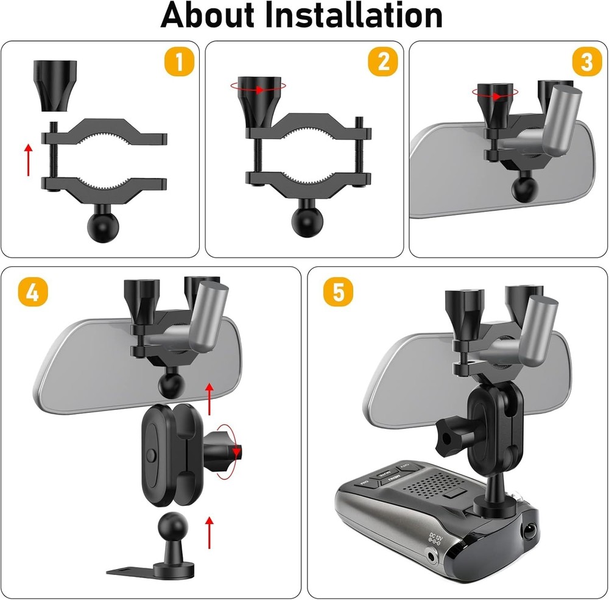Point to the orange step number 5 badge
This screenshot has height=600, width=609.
tap(338, 292)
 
